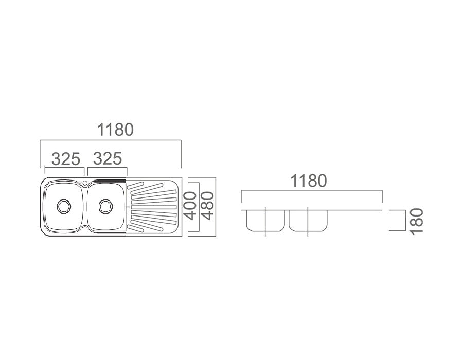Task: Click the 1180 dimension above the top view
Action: point(115,130)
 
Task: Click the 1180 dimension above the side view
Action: point(309,181)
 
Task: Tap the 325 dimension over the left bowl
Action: point(66,159)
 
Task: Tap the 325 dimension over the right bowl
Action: point(108,158)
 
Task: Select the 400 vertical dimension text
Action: point(190,206)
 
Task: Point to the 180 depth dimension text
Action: point(417,222)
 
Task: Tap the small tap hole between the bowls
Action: point(85,183)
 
